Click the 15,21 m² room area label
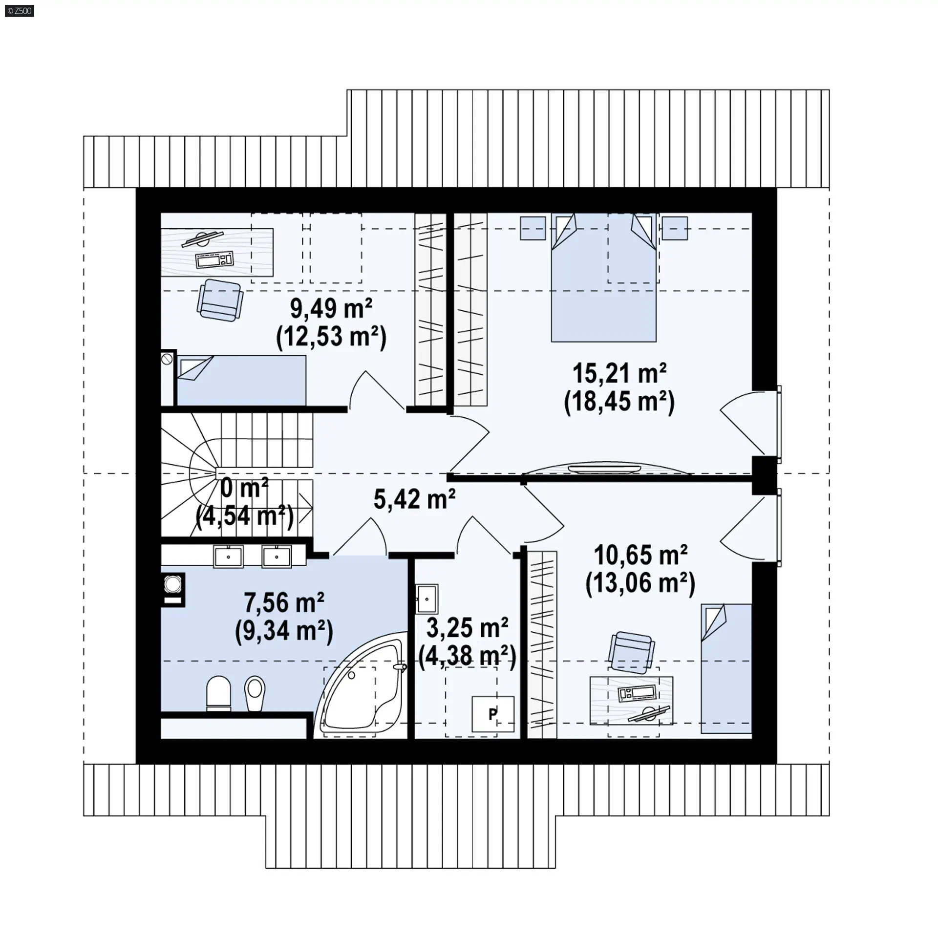tap(619, 374)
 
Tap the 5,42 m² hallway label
tap(415, 499)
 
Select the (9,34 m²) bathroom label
tap(284, 631)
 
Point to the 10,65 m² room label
tap(640, 555)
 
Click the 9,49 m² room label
tap(331, 308)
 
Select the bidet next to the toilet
tap(255, 693)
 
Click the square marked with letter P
tap(493, 714)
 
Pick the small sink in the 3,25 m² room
tap(427, 599)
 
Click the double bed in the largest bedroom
tap(604, 277)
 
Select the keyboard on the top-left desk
tap(214, 259)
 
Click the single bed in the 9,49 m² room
tap(241, 381)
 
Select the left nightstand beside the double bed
tap(533, 228)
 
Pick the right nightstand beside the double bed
tap(675, 228)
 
